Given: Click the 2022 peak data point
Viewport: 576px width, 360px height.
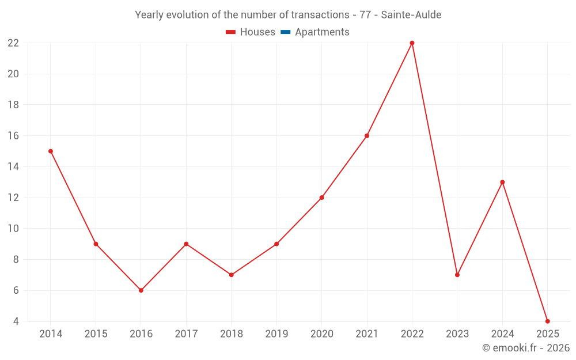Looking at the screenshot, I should (x=412, y=43).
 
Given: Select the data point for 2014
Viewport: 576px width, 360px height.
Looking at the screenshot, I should (x=51, y=151).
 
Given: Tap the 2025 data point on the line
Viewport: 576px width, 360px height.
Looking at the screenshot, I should (x=547, y=321).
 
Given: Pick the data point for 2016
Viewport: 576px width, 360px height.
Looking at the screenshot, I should (x=141, y=290).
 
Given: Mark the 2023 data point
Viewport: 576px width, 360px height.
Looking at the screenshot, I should (x=457, y=275).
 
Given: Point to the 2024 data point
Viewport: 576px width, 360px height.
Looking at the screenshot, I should (x=502, y=182).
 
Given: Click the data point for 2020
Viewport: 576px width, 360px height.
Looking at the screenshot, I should (x=321, y=198).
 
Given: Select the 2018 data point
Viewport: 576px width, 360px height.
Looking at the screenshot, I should (x=231, y=275).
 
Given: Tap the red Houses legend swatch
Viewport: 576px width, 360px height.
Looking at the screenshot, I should (x=231, y=32).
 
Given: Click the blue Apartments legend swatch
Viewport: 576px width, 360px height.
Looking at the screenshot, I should (x=285, y=32).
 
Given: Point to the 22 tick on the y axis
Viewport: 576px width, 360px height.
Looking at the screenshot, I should (x=13, y=43).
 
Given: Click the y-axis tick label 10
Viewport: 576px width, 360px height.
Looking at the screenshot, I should (x=13, y=229).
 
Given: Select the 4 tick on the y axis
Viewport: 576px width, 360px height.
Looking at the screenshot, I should (x=16, y=321).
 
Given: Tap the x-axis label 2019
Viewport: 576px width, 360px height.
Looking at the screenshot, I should (x=276, y=334).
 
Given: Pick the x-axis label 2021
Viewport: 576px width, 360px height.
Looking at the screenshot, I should (x=367, y=334).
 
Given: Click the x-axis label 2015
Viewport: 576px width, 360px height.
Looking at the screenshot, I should (x=96, y=334).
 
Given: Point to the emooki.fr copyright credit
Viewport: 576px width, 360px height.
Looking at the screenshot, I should (x=526, y=348).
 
